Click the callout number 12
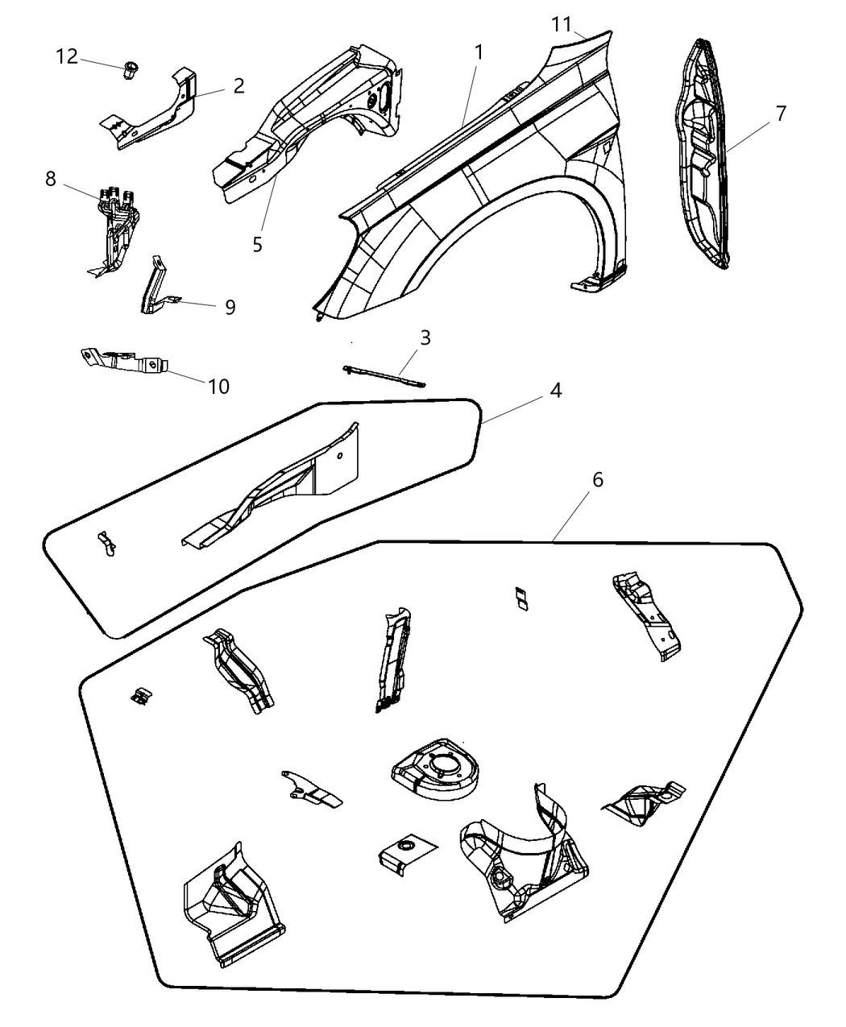tap(67, 56)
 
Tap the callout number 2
tap(238, 85)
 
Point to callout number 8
tap(51, 179)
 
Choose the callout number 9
tap(230, 307)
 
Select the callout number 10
tap(218, 387)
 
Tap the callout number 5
tap(257, 244)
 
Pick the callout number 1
tap(479, 53)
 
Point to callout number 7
tap(780, 114)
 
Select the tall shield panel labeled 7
tap(699, 153)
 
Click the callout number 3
tap(425, 338)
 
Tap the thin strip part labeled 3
tap(384, 375)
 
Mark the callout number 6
tap(597, 479)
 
